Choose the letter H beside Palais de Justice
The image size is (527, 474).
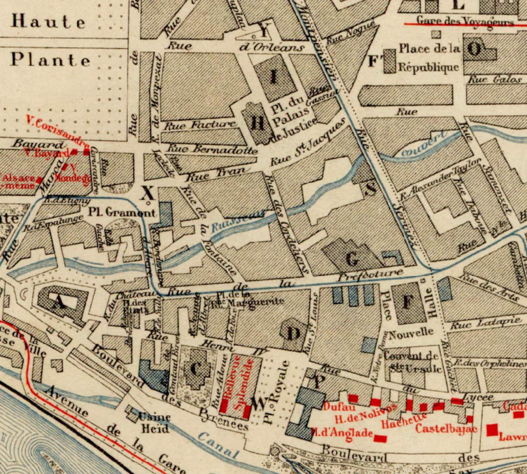[258, 123]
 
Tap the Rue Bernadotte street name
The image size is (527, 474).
[212, 149]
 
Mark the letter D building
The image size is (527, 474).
[293, 334]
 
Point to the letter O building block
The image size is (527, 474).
[474, 50]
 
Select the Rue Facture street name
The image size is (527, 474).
[200, 125]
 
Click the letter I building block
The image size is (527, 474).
[274, 77]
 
